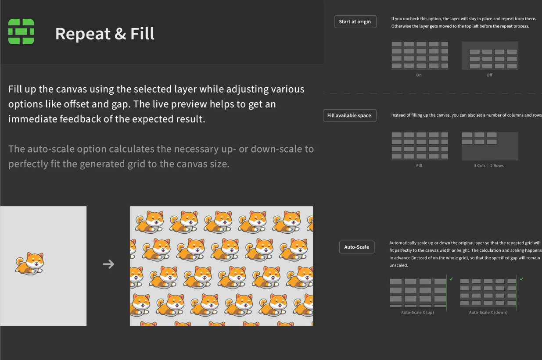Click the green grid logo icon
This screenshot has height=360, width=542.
21,32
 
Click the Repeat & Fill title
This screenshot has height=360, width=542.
105,34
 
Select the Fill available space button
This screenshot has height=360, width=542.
349,116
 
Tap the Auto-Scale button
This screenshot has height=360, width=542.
357,247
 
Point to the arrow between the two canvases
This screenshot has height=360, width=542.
108,264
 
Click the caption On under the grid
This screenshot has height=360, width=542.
419,75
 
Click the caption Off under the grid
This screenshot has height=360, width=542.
489,75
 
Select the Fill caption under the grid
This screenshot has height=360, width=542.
419,166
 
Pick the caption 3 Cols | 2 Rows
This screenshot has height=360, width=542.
489,166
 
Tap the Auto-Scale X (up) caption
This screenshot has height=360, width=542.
417,313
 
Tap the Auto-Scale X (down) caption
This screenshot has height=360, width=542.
488,313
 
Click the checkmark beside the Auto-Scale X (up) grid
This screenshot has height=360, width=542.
451,279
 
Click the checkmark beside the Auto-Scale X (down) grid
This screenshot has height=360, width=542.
521,279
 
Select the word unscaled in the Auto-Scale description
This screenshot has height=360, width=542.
399,265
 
